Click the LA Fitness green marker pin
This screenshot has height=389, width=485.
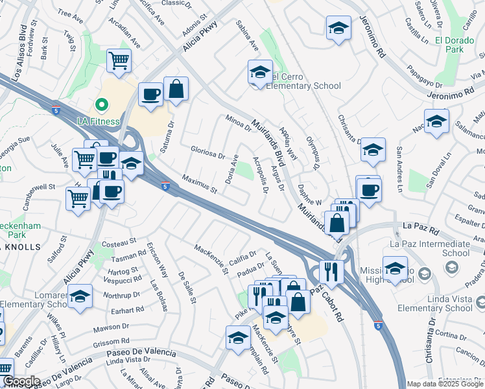coord(101,104)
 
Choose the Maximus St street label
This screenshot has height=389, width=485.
coord(199,183)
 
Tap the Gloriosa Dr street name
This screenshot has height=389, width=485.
coord(207,152)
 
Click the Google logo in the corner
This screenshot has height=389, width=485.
coord(21,381)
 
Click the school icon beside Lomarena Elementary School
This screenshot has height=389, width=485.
coord(80,296)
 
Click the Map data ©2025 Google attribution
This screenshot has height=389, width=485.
coord(445,384)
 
